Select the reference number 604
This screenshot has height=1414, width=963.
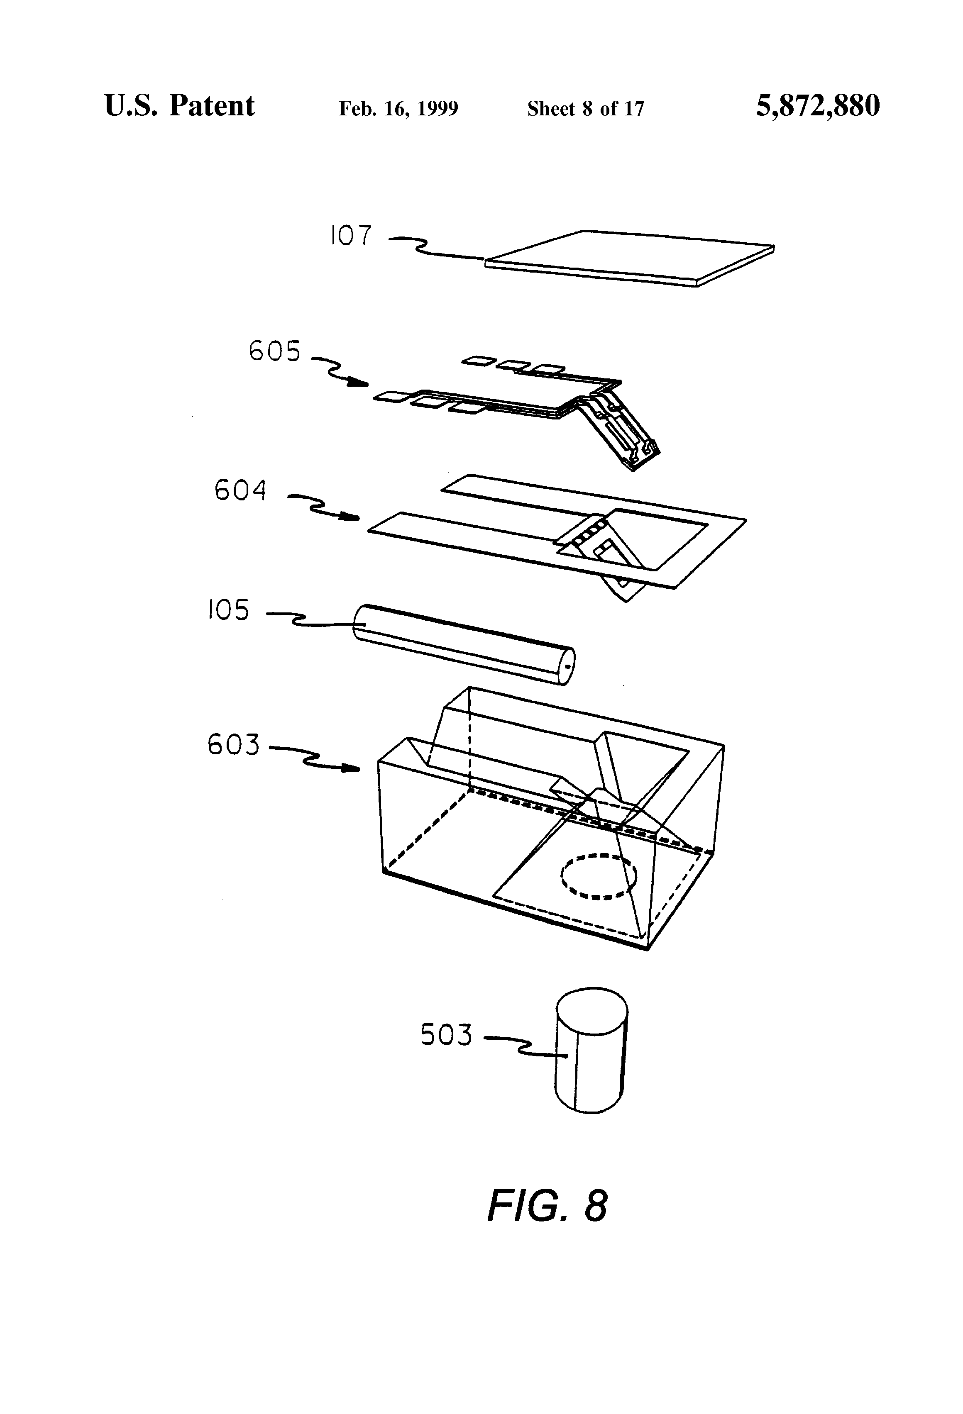(x=240, y=490)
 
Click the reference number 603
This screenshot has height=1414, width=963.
(x=233, y=744)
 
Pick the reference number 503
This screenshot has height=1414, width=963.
(x=446, y=1035)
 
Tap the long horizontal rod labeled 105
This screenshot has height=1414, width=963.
(x=463, y=644)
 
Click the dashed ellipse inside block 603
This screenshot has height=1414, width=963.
(x=599, y=876)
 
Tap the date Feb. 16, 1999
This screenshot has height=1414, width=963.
(x=398, y=108)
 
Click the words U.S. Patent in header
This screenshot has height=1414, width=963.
(x=180, y=106)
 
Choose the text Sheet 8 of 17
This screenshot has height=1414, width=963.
(x=585, y=108)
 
